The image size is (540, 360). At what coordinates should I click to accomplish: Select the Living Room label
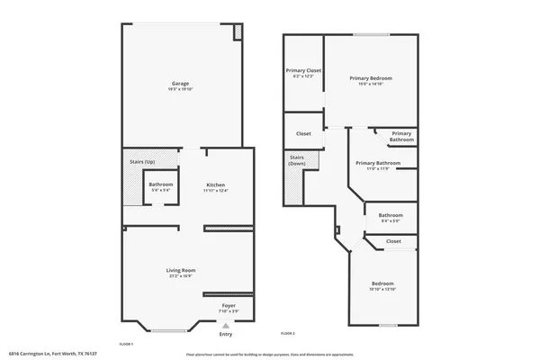[x=181, y=270]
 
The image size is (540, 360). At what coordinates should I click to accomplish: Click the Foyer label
[x=229, y=306]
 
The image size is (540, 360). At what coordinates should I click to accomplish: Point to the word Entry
[x=225, y=335]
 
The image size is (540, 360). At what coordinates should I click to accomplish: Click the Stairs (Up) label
[x=142, y=161]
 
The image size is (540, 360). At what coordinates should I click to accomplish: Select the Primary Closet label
[x=303, y=70]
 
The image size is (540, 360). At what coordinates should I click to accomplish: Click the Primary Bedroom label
[x=371, y=78]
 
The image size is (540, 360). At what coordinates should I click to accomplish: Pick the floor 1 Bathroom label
[x=161, y=184]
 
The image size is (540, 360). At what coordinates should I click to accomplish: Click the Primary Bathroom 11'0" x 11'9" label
[x=377, y=163]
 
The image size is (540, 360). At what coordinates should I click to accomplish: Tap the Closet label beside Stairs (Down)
[x=303, y=133]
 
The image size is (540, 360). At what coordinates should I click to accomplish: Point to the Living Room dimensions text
[x=181, y=275]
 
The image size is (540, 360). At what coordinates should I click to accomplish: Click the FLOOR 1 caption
[x=126, y=345]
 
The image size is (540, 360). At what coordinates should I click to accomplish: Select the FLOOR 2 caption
[x=288, y=334]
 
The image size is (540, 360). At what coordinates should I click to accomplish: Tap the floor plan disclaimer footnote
[x=270, y=355]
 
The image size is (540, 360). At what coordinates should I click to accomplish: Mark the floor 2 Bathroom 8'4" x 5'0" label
[x=391, y=215]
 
